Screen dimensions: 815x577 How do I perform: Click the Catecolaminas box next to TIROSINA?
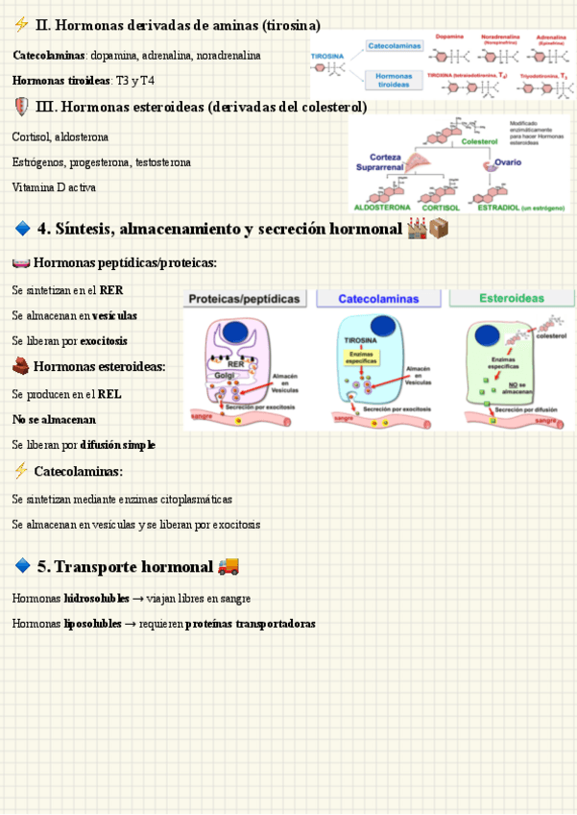[394, 45]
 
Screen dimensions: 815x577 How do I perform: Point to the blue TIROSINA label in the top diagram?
[329, 57]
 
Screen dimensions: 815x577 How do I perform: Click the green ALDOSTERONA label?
[382, 207]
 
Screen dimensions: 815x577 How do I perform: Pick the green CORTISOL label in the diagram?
[442, 207]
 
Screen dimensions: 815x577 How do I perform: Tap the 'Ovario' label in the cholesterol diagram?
[508, 162]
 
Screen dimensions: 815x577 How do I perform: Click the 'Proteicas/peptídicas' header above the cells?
[243, 299]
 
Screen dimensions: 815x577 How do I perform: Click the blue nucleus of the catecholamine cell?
[384, 327]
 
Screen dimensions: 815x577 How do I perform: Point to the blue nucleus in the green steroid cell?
[489, 335]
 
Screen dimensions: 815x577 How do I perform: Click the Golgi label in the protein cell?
[225, 375]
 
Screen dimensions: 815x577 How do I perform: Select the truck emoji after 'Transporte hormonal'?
[228, 566]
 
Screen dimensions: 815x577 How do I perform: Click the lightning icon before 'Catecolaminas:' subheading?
[21, 471]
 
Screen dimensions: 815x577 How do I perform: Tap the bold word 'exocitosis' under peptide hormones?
[104, 341]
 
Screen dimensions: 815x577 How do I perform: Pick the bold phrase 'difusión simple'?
[119, 446]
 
